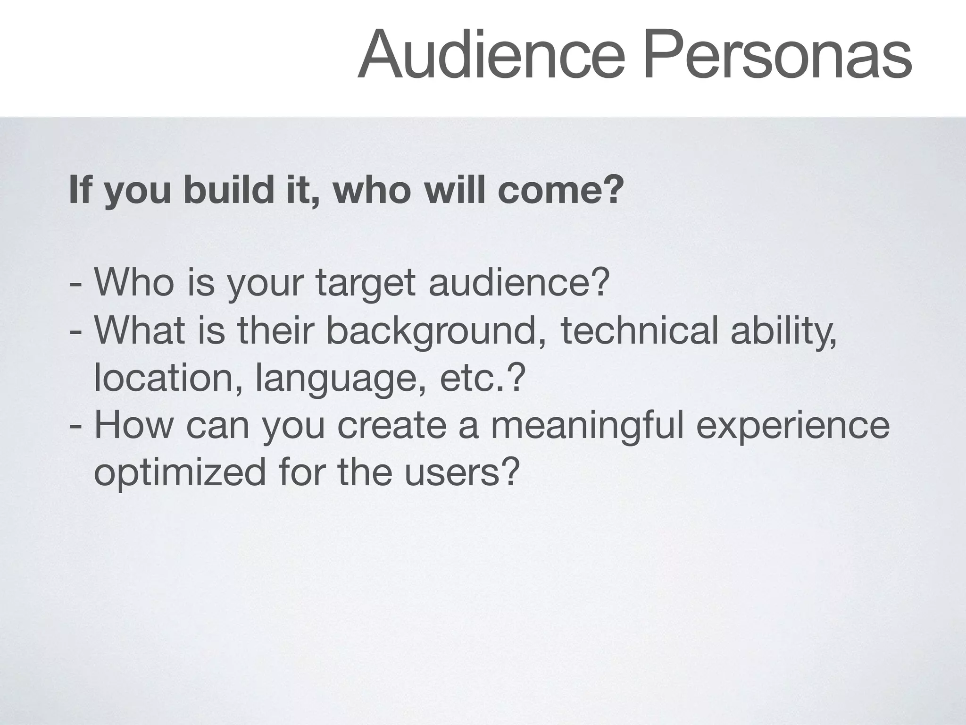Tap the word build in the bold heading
[229, 190]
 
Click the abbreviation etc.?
[482, 378]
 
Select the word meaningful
[587, 426]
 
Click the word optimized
[180, 473]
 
